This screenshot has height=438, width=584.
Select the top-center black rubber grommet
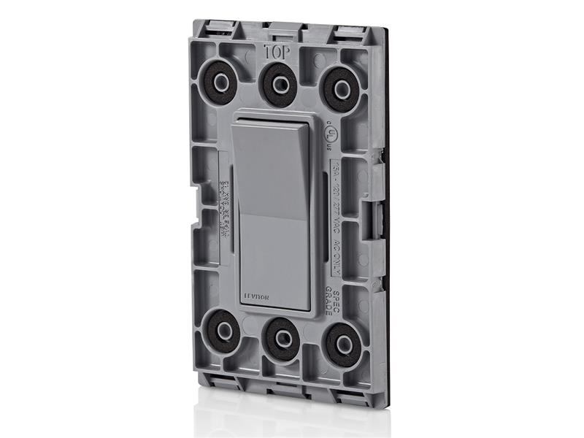coord(277,82)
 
